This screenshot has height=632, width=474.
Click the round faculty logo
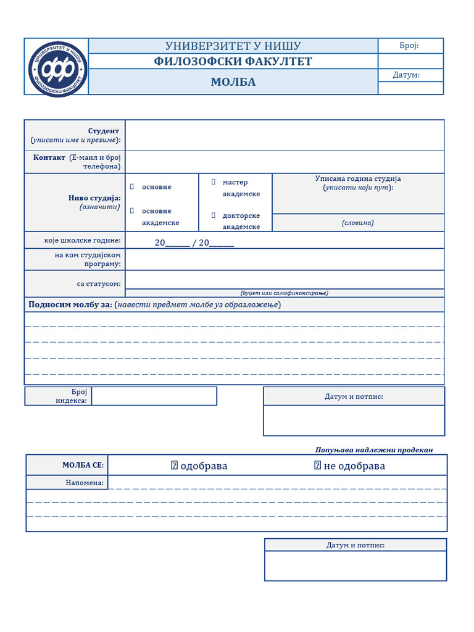pyautogui.click(x=57, y=67)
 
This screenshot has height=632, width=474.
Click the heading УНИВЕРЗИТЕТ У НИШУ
pyautogui.click(x=233, y=46)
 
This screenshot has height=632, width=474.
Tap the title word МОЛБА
pyautogui.click(x=233, y=82)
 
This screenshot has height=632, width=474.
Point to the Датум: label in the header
pyautogui.click(x=406, y=75)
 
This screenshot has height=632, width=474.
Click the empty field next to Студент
pyautogui.click(x=285, y=135)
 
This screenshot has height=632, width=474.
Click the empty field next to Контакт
pyautogui.click(x=285, y=162)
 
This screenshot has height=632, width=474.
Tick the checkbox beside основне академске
pyautogui.click(x=131, y=210)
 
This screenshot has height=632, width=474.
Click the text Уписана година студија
pyautogui.click(x=358, y=179)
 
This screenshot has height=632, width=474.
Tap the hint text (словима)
pyautogui.click(x=358, y=223)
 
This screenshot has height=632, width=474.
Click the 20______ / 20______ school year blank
pyautogui.click(x=194, y=243)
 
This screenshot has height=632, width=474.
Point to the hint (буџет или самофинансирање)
pyautogui.click(x=285, y=293)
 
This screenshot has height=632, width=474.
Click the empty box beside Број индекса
pyautogui.click(x=154, y=396)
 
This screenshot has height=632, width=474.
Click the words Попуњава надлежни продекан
pyautogui.click(x=374, y=449)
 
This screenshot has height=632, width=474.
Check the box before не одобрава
pyautogui.click(x=317, y=465)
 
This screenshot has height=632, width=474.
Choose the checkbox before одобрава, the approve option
pyautogui.click(x=174, y=465)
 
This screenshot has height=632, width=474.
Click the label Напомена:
pyautogui.click(x=85, y=483)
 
